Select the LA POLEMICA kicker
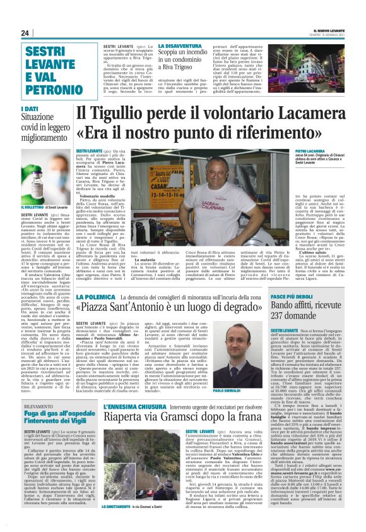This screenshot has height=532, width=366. point(93,297)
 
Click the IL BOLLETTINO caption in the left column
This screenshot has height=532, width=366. point(34,207)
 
